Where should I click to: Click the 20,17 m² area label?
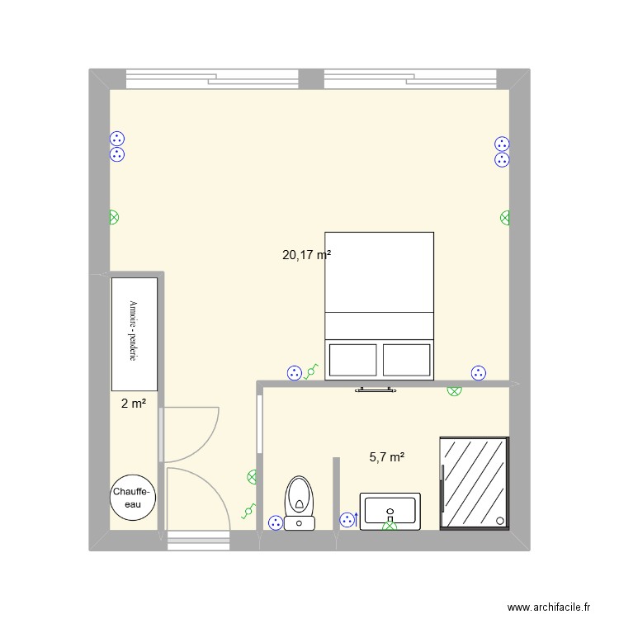[306, 256]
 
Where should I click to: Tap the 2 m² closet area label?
[134, 404]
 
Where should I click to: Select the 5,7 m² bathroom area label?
[386, 456]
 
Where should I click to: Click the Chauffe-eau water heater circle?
[133, 499]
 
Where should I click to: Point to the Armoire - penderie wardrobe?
[135, 333]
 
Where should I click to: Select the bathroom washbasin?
[390, 511]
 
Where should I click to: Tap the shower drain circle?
[501, 520]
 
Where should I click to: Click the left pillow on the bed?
[353, 360]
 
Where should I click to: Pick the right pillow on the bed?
[406, 360]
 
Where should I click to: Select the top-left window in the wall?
[211, 79]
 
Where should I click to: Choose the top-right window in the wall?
[410, 79]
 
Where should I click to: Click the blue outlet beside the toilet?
[274, 522]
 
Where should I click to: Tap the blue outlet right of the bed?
[477, 373]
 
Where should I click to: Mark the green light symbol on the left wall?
[114, 218]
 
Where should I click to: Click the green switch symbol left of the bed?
[311, 373]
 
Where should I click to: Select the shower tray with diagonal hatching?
[474, 483]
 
